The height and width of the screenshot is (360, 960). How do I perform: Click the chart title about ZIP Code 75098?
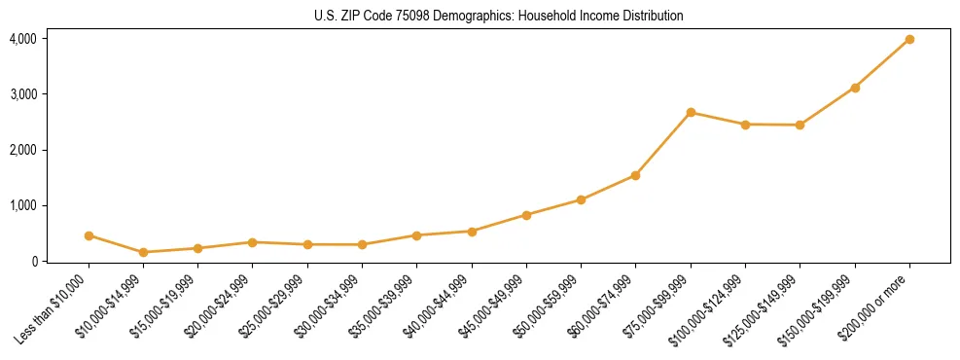[x=498, y=16]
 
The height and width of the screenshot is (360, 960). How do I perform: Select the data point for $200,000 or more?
[x=909, y=39]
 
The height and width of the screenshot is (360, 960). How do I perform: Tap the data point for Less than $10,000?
[x=89, y=235]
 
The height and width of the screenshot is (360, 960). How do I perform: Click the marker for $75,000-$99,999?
[x=691, y=112]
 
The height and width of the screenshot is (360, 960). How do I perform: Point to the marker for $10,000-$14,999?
[x=143, y=252]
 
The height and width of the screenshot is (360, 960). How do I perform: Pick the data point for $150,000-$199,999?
[x=855, y=88]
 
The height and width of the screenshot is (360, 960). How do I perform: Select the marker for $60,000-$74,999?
[x=635, y=175]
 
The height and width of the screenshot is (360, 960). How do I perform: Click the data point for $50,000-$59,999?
[x=581, y=199]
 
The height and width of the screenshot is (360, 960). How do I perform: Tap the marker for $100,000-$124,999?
[x=745, y=125]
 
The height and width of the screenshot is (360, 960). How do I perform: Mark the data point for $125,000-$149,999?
[x=800, y=125]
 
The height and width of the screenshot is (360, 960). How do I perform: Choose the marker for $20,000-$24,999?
[x=253, y=242]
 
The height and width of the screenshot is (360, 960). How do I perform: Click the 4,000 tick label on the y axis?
[x=22, y=39]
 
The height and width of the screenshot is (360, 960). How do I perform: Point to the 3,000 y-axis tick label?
[x=22, y=94]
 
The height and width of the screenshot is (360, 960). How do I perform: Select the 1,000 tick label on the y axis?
[x=22, y=205]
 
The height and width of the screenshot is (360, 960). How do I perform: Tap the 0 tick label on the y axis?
[x=33, y=261]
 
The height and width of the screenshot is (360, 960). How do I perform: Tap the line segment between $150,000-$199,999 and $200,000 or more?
[x=882, y=63]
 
